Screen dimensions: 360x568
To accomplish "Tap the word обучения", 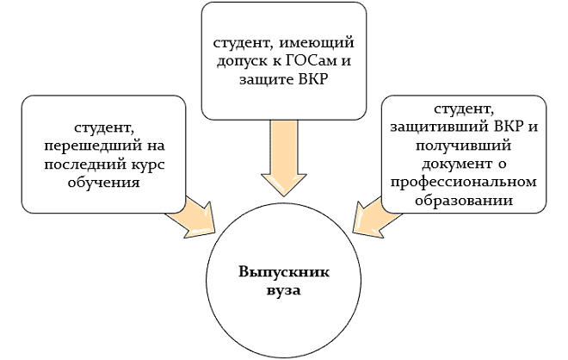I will [103, 183].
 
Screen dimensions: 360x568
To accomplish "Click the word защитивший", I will [441, 127].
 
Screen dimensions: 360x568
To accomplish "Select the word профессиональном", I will [463, 182].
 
